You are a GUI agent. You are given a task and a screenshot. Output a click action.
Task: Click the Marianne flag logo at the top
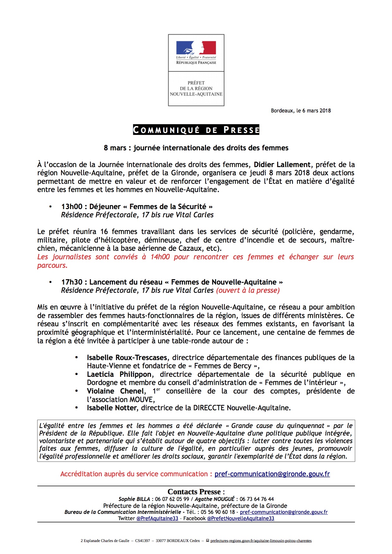(196, 48)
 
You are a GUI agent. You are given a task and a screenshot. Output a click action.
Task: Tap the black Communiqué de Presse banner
(196, 130)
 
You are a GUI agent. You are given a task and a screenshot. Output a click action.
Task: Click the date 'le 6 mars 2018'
(313, 111)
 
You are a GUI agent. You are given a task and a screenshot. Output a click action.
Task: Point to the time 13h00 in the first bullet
(72, 207)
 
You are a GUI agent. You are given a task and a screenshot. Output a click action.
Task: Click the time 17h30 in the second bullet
(72, 282)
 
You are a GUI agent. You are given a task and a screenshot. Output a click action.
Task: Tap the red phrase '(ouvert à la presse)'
(248, 290)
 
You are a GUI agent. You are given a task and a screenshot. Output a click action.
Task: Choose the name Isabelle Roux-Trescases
(127, 358)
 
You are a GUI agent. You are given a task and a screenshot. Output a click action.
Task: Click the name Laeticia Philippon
(119, 374)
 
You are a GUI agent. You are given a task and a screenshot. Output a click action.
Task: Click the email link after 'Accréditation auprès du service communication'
(272, 474)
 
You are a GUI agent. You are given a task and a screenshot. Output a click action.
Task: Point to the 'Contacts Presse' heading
(196, 492)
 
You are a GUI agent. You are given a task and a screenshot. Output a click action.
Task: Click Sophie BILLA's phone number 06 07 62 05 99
(172, 499)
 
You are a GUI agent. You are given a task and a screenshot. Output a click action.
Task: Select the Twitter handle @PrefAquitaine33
(157, 518)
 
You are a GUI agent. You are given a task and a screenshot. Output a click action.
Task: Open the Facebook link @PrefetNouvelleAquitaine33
(240, 518)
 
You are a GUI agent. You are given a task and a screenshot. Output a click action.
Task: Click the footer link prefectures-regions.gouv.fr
(261, 541)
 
